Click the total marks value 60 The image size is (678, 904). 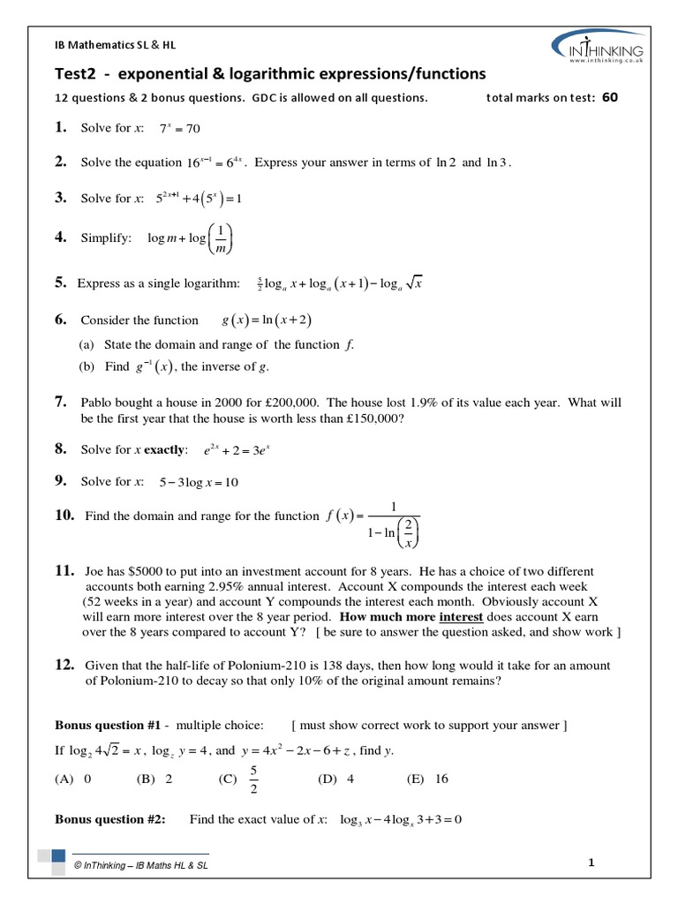(x=610, y=98)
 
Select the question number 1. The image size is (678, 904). (x=61, y=128)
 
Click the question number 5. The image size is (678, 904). (x=61, y=283)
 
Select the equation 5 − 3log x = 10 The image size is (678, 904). (x=199, y=483)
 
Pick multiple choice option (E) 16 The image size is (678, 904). (x=427, y=780)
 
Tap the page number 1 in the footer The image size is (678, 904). (x=591, y=863)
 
